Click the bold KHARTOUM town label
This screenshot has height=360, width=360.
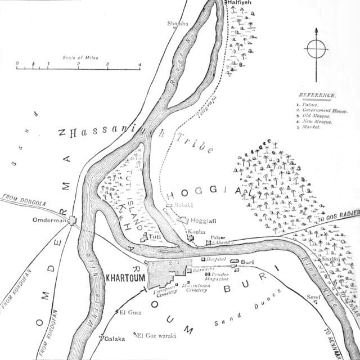point(123,277)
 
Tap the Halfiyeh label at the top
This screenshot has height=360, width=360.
point(239,3)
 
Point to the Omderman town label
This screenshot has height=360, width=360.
point(49,221)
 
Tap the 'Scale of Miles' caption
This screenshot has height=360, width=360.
point(77,57)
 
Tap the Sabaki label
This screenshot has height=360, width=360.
point(183,205)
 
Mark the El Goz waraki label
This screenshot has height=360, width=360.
point(157,336)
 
